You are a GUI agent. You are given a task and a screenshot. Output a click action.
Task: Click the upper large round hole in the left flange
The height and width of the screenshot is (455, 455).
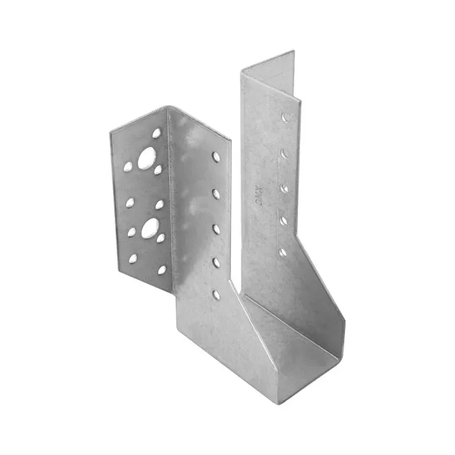[x=147, y=156]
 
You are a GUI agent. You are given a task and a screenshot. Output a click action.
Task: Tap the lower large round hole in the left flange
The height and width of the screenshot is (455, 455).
[x=150, y=228]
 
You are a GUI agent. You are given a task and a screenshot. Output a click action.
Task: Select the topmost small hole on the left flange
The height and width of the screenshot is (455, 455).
[x=156, y=133]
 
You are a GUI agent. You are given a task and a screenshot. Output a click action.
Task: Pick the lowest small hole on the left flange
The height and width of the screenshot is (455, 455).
[x=162, y=270]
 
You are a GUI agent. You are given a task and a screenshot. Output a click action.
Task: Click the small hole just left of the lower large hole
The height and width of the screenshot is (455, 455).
[x=131, y=231]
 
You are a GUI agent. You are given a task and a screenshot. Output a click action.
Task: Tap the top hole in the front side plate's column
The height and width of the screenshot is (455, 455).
[x=216, y=156]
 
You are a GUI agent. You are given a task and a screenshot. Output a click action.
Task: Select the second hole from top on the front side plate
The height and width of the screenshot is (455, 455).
[x=216, y=194]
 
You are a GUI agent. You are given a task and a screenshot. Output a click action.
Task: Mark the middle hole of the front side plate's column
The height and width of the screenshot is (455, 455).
[x=216, y=229]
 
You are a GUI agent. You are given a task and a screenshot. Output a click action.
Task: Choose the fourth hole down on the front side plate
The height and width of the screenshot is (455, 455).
[x=216, y=262]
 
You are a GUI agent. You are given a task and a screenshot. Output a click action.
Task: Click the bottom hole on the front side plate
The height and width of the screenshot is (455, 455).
[x=216, y=295]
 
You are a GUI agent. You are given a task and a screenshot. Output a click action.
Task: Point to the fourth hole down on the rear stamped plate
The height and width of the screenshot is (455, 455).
[x=283, y=220]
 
